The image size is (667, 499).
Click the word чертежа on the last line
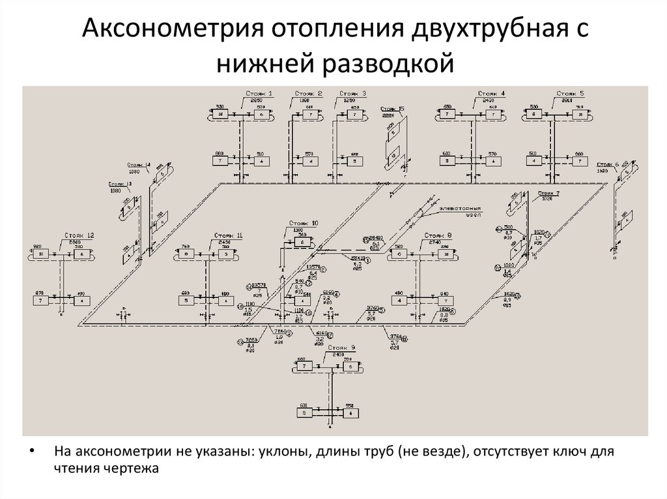click(x=132, y=468)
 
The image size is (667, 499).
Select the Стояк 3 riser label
click(x=352, y=94)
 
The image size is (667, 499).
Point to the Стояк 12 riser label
click(x=79, y=235)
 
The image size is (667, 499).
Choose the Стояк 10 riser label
click(x=304, y=224)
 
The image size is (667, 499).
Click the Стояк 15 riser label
click(x=392, y=108)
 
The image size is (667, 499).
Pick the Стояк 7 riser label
click(x=548, y=193)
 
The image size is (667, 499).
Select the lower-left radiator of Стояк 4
click(x=447, y=160)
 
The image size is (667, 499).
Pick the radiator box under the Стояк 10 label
click(x=303, y=243)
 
